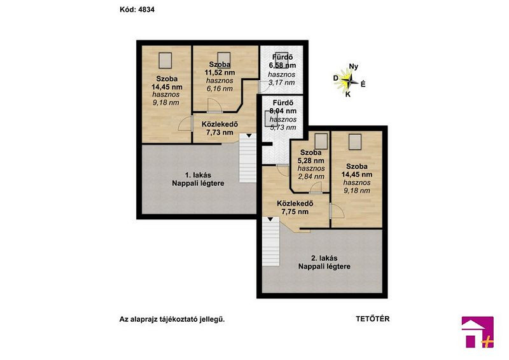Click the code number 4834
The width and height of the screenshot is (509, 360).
point(146,10)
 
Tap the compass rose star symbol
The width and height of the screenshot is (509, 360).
point(347,80)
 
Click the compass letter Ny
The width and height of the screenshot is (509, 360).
point(354,67)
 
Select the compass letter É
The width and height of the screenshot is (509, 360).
point(363,84)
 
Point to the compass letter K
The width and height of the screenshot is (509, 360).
point(348,95)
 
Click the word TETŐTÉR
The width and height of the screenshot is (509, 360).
point(373,319)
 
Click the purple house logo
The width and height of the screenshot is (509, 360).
point(478,332)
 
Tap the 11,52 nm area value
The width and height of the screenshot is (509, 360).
point(220,73)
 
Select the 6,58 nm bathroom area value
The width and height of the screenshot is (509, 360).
point(282,66)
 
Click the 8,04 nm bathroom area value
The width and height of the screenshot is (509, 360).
point(282,111)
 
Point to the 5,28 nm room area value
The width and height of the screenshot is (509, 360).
point(311,160)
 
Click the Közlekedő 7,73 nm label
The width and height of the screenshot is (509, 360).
point(220,128)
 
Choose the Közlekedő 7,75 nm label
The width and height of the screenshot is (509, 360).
point(295,207)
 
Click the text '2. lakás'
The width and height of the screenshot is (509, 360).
point(324,258)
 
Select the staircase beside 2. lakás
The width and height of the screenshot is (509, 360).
point(271,242)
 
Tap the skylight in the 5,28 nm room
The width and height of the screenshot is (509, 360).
point(321,141)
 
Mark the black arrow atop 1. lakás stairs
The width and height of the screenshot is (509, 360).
point(249,135)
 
